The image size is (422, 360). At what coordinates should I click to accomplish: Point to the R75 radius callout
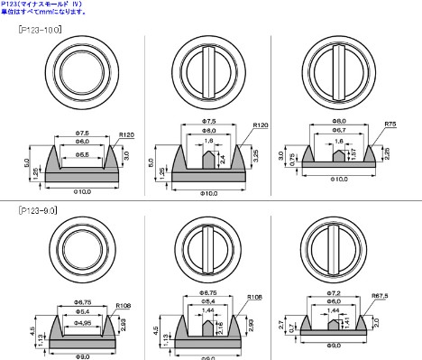pyautogui.click(x=390, y=122)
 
